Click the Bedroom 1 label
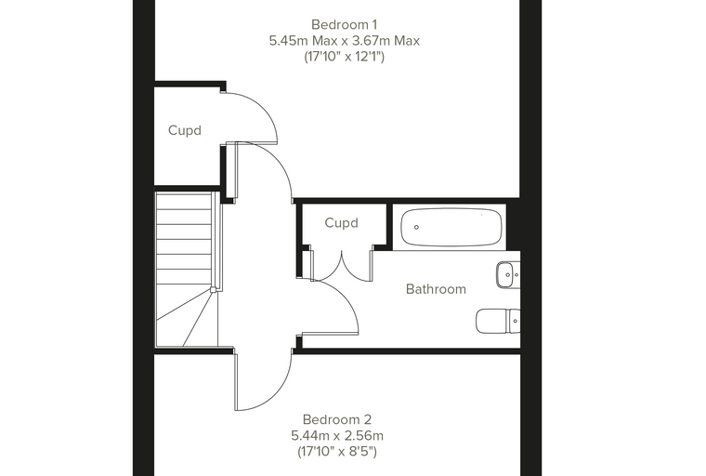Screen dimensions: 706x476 click(x=344, y=24)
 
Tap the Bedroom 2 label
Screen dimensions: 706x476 click(x=337, y=419)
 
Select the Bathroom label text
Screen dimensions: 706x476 click(x=436, y=289)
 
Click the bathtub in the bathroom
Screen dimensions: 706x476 click(x=451, y=227)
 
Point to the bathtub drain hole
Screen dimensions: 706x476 click(x=416, y=227)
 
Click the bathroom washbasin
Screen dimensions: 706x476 click(x=508, y=274)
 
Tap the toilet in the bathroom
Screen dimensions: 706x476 click(x=498, y=322)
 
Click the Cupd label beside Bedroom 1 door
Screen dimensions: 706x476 click(x=185, y=131)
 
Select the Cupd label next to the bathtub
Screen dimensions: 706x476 click(x=341, y=223)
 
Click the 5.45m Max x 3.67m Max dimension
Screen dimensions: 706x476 click(x=345, y=41)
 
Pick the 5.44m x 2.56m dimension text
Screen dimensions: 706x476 click(x=337, y=436)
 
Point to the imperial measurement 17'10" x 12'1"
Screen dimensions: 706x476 click(x=345, y=57)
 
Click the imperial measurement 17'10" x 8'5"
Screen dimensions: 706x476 click(x=337, y=451)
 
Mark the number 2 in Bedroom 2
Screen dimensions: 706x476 click(x=368, y=419)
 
